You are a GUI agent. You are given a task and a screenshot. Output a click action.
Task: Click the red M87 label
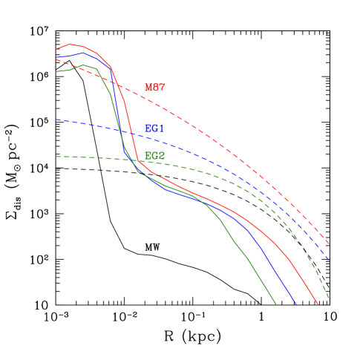coord(154,88)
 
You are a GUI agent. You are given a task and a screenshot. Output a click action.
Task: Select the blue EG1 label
coord(154,128)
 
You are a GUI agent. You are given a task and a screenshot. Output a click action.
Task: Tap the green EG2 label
coord(154,156)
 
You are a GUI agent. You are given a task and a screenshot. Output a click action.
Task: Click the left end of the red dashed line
coord(56,59)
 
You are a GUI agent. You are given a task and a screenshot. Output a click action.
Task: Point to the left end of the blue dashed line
coord(56,120)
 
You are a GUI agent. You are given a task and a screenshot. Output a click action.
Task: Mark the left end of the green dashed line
coord(56,157)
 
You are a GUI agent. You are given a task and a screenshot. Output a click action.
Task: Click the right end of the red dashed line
coord(329,243)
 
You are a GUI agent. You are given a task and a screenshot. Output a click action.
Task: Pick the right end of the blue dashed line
coord(329,261)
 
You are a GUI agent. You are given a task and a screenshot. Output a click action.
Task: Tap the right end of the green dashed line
coord(329,299)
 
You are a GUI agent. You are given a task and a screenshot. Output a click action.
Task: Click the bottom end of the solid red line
coord(318,304)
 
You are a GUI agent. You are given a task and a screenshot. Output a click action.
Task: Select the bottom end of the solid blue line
coord(296,304)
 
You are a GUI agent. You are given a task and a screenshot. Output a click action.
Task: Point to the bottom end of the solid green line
coord(276,304)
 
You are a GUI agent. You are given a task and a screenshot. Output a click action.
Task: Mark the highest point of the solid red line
coord(71,45)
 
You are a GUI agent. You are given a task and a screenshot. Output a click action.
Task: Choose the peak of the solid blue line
coord(84,52)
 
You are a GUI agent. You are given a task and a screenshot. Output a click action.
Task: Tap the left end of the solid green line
coord(56,72)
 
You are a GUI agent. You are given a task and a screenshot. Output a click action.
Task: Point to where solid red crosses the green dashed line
coord(137,160)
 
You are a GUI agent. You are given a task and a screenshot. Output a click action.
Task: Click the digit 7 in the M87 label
coord(161,88)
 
